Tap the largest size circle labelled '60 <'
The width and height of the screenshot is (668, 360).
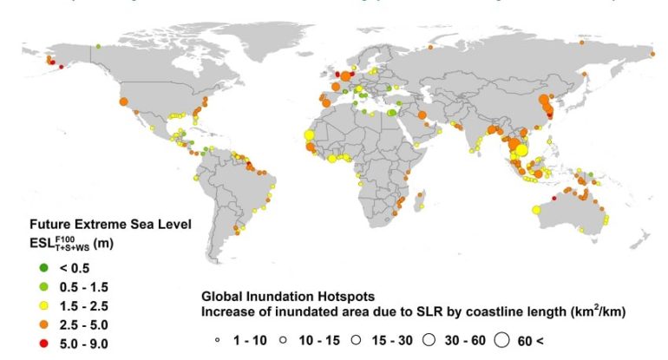coord(501,340)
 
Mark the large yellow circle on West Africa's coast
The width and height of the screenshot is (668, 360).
coord(310,135)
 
